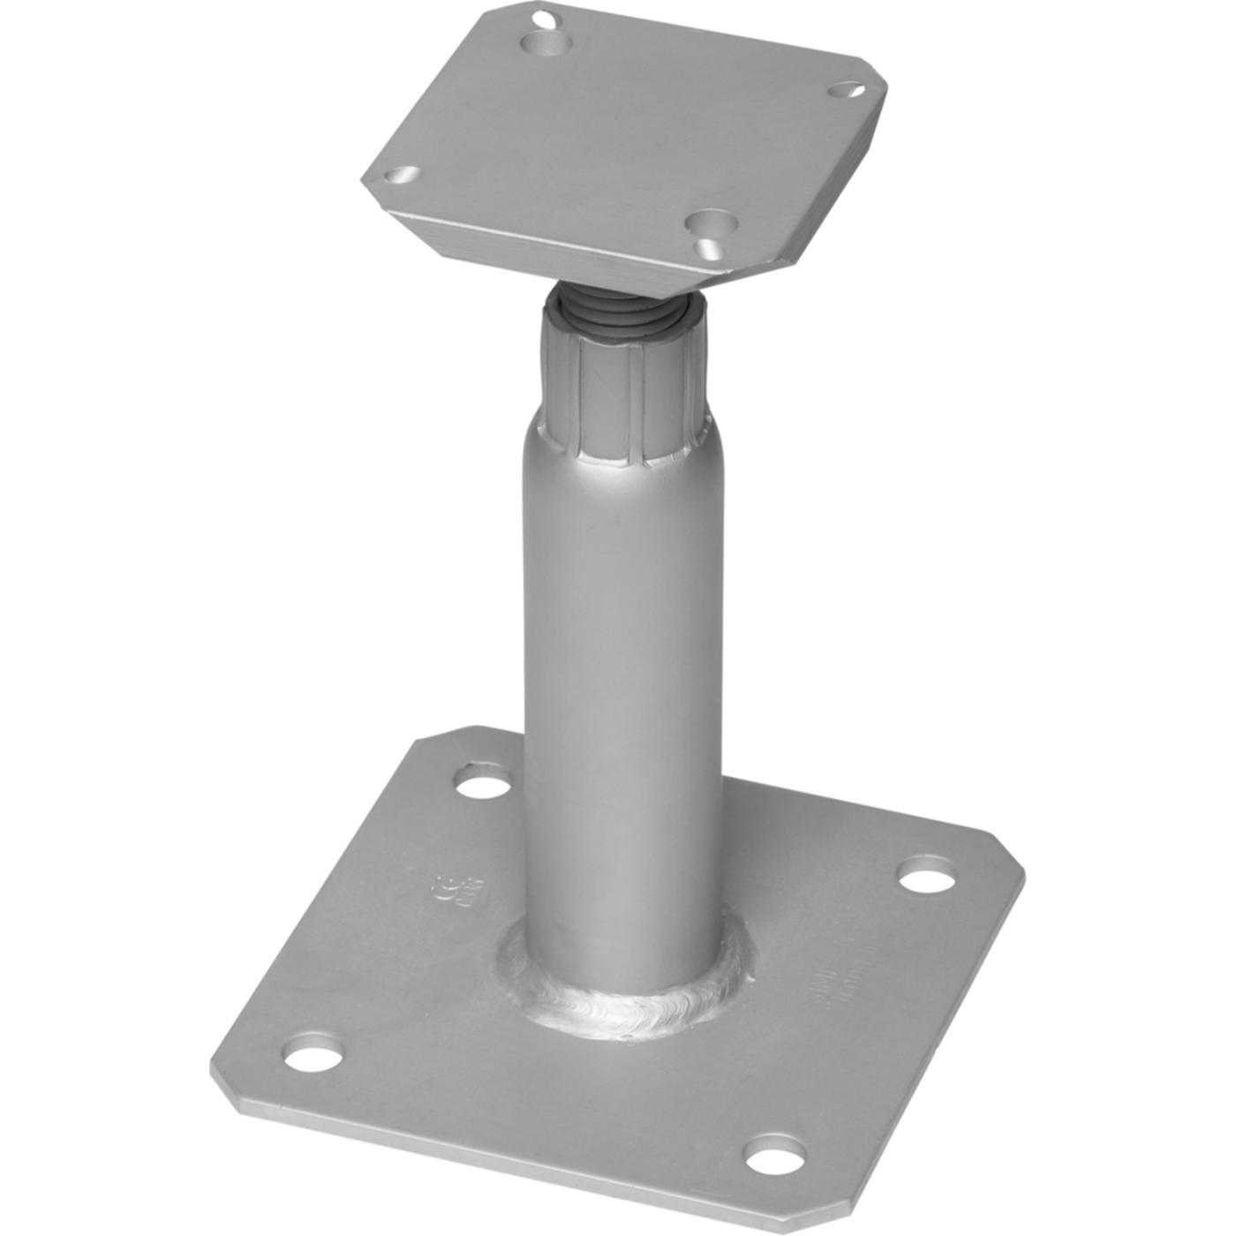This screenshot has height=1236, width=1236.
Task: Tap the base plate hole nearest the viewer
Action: coord(774,1154)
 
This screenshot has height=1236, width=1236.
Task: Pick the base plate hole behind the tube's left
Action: coord(482,782)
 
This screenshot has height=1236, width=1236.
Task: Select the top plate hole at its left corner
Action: coord(402,175)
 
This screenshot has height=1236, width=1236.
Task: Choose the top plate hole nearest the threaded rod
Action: coord(712,225)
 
